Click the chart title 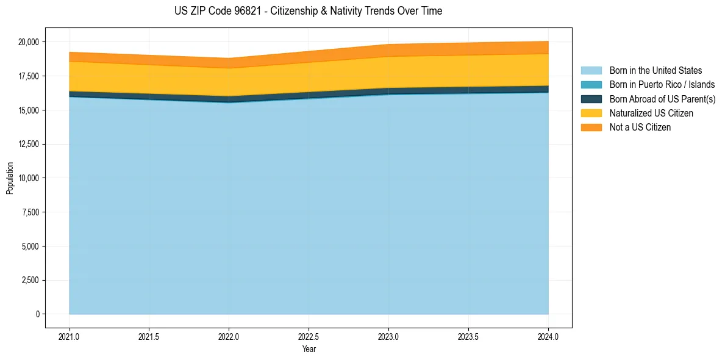tap(308, 11)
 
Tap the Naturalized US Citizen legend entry tap(651, 113)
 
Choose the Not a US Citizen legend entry tap(640, 128)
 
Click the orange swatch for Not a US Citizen tap(591, 128)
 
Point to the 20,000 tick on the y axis tap(28, 42)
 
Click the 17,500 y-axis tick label tap(28, 76)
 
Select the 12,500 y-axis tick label tap(28, 144)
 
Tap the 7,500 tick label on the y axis tap(30, 212)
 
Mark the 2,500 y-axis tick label tap(30, 281)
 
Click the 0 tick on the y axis tap(37, 314)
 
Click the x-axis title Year tap(309, 350)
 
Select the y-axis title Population tap(10, 178)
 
